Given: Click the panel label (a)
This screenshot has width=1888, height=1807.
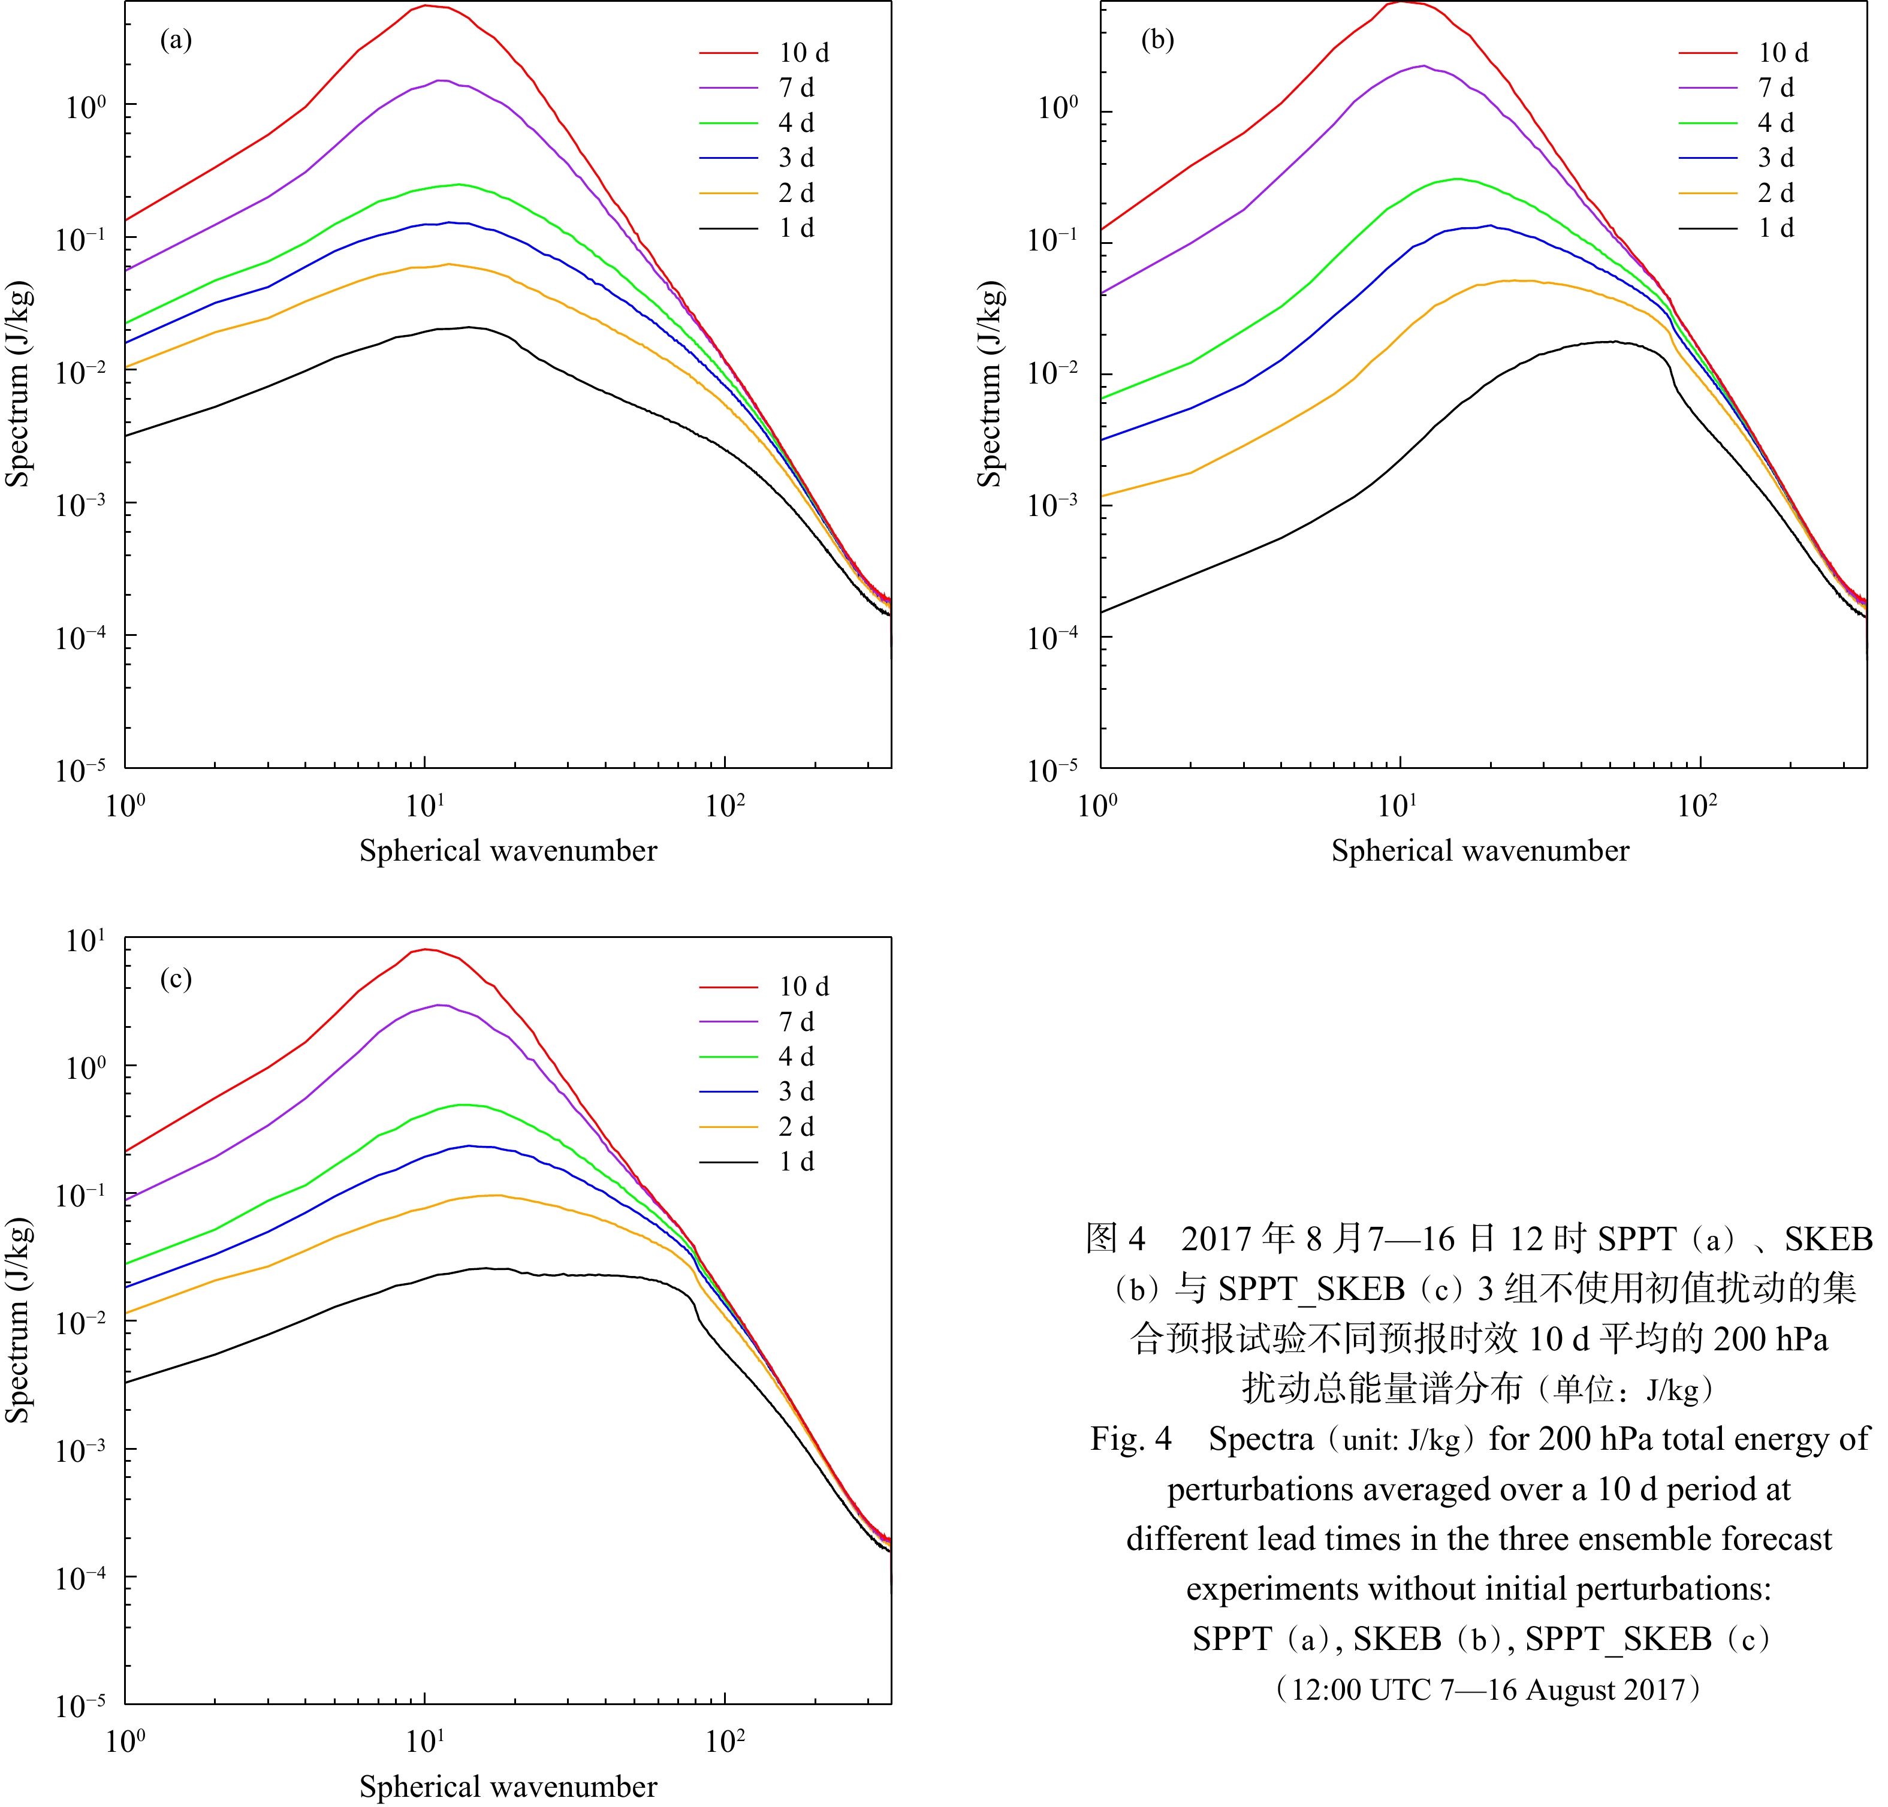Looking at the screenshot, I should tap(175, 41).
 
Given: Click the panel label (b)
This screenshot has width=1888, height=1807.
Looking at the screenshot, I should tap(1157, 41).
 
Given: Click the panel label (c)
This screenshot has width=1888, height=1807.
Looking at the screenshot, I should tap(175, 979).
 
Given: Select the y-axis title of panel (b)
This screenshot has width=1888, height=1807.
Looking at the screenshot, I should tap(990, 384).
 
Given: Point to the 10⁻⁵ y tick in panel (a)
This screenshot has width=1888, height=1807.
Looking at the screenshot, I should tap(81, 770).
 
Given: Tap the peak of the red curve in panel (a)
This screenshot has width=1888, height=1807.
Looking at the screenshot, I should tap(426, 6).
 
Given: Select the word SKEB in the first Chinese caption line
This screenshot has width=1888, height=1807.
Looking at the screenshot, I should tap(1827, 1239).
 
